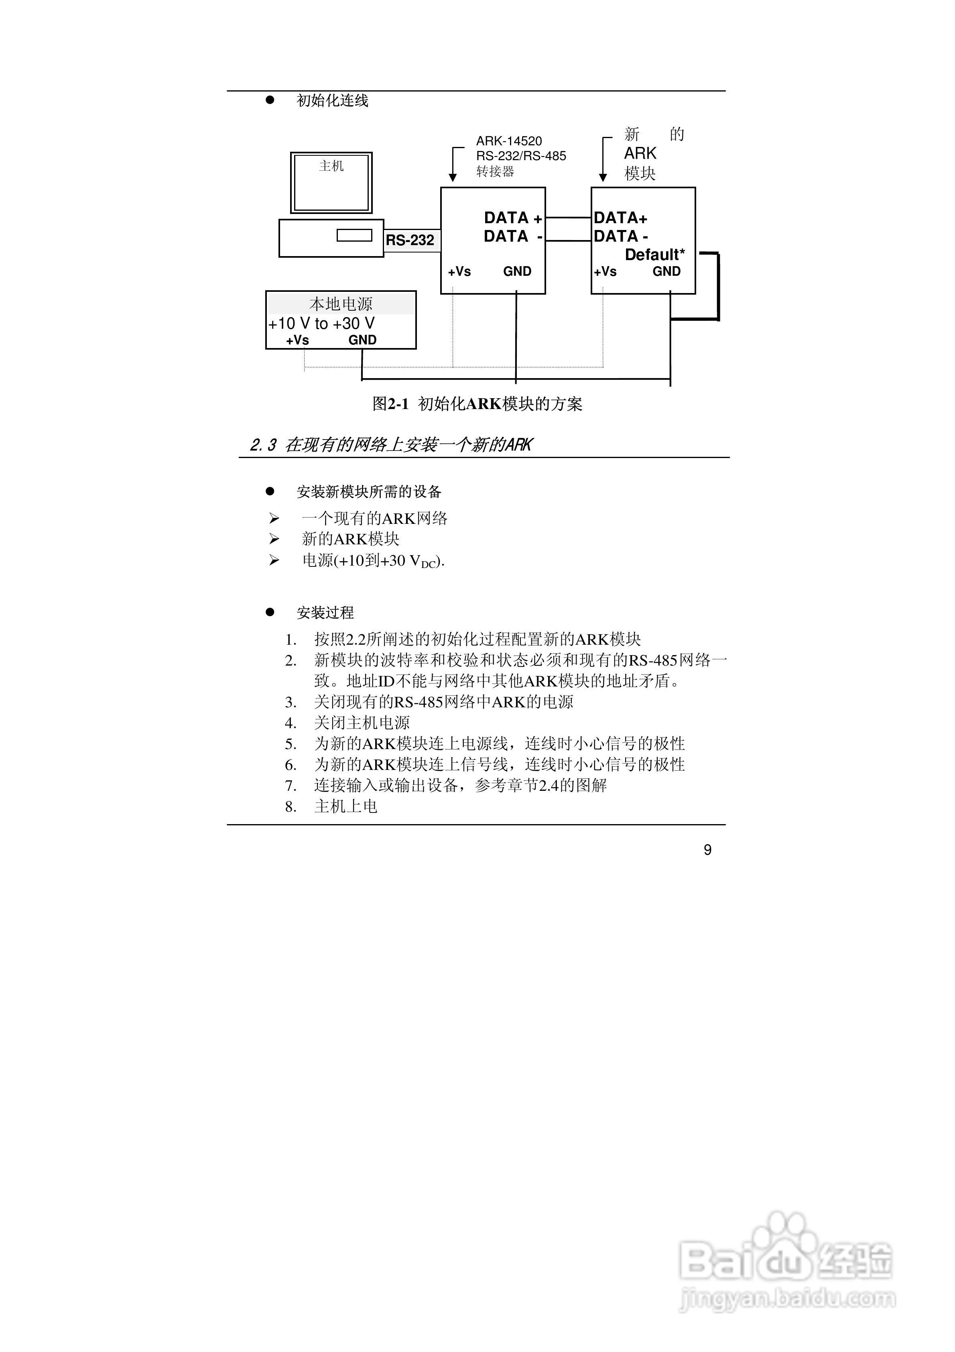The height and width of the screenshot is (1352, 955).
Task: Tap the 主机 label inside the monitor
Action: point(331,166)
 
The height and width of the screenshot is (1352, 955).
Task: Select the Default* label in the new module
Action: point(655,255)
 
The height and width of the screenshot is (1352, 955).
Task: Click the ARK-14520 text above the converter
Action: point(509,141)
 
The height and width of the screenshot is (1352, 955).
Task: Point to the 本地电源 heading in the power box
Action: point(341,304)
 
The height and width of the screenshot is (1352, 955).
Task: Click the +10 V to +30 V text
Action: point(321,323)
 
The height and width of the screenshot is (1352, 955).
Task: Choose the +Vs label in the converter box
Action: point(459,271)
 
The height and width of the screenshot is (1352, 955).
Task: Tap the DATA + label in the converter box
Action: point(513,218)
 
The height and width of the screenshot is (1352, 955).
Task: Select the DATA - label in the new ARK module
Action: point(621,236)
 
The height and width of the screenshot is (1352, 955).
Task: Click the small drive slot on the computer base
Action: point(354,235)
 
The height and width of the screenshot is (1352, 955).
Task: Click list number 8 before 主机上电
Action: point(290,807)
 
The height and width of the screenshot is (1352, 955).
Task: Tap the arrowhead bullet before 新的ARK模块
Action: point(274,539)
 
